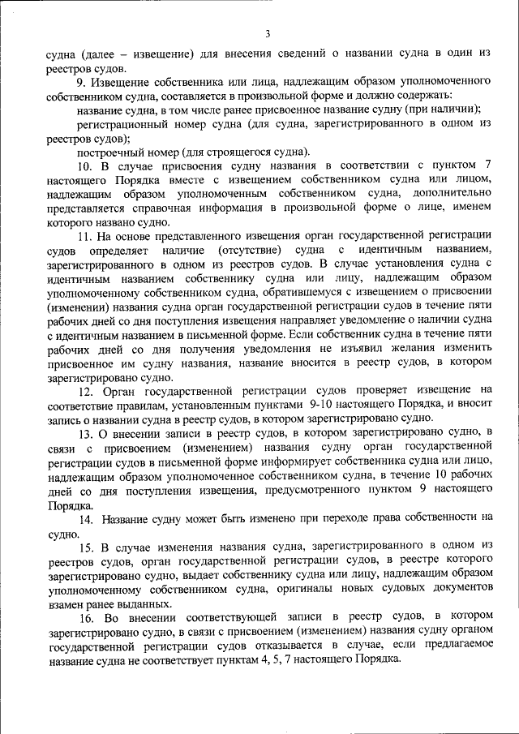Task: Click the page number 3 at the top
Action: coord(267,33)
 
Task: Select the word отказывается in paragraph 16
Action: coord(281,646)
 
